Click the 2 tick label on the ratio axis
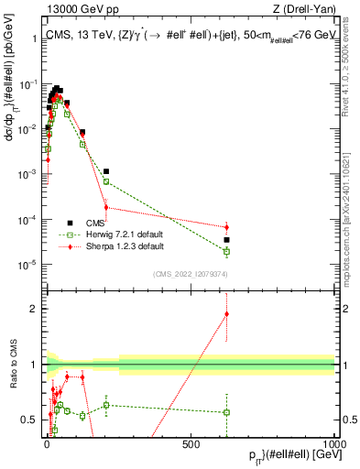click(x=33, y=309)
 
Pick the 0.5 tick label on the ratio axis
click(x=29, y=420)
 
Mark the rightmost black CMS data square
click(x=226, y=240)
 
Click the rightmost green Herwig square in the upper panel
click(x=226, y=251)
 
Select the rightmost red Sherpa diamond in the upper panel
click(x=226, y=227)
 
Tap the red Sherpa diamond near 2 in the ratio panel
click(x=226, y=314)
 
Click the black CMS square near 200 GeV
click(x=106, y=171)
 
